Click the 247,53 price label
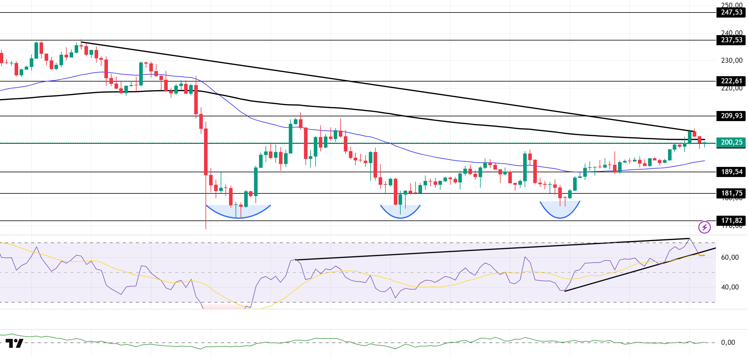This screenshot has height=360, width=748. pos(731,12)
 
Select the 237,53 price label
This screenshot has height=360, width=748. pos(731,40)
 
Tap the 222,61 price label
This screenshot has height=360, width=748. pos(731,81)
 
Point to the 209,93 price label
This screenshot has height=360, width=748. pos(731,116)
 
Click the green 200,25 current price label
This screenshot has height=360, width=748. pos(731,143)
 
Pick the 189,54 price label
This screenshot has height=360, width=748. pos(731,172)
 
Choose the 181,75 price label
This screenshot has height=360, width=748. pos(731,193)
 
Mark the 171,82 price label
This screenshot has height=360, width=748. pos(731,221)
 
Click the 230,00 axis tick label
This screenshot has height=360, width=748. pos(732,61)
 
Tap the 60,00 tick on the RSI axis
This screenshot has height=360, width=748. pos(730,258)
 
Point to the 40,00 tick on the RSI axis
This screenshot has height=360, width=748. pos(730,287)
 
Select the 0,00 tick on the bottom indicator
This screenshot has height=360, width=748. pos(728,343)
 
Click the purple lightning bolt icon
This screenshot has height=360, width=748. pos(705,228)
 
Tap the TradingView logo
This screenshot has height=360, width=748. pos(14,344)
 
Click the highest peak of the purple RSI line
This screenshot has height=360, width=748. pos(689,239)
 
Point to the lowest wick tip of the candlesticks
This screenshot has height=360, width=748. pos(206,228)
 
